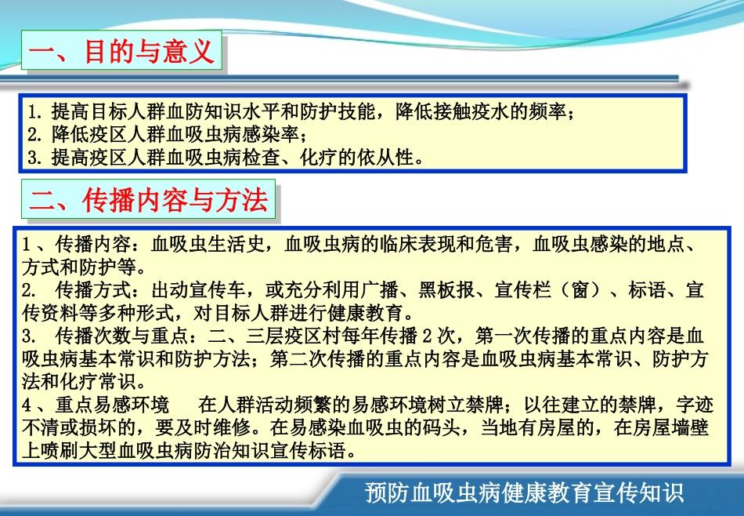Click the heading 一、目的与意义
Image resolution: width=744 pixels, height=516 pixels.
point(121,53)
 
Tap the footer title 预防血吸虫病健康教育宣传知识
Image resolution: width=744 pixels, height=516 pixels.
point(525,493)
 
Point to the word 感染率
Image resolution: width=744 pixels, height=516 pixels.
point(270,133)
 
